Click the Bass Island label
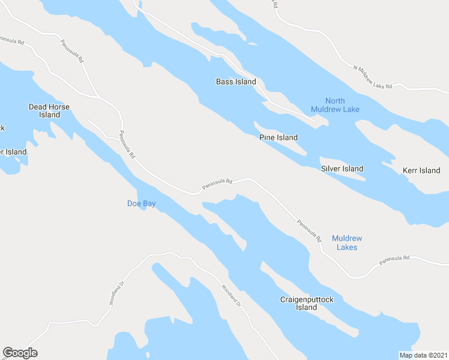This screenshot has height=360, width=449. [x=236, y=82]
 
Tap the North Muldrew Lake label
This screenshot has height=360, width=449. [x=335, y=105]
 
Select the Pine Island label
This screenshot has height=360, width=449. [x=279, y=137]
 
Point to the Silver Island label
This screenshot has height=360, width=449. [x=342, y=169]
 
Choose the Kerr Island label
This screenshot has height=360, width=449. [x=421, y=170]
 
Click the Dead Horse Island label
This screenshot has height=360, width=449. [x=49, y=110]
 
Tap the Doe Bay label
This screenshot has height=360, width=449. [x=142, y=203]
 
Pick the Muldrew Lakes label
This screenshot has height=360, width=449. [x=347, y=242]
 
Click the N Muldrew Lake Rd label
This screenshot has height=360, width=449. [x=372, y=78]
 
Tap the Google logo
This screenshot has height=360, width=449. [x=20, y=353]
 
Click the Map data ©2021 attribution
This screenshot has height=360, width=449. [x=423, y=355]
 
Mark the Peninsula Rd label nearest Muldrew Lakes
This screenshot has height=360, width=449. [x=310, y=230]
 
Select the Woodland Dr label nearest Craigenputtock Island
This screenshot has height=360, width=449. [x=231, y=296]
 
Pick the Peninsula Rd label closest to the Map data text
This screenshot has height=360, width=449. [x=394, y=260]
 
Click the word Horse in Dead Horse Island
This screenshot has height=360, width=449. [x=58, y=107]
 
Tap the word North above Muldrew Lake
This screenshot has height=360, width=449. [x=335, y=101]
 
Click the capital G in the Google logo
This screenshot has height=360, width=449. [x=8, y=353]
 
